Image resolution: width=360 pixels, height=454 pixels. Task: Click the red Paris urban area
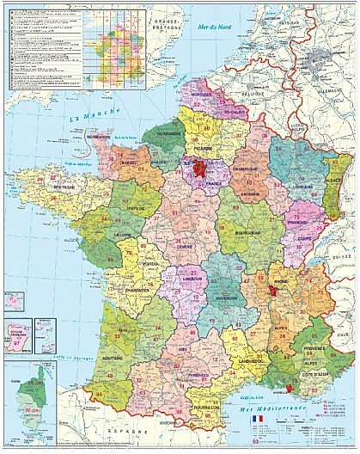200,167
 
